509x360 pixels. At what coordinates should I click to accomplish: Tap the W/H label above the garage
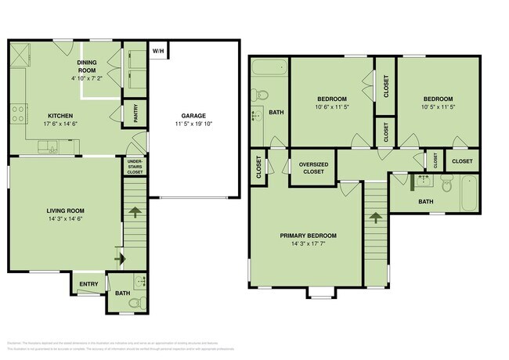pos(158,52)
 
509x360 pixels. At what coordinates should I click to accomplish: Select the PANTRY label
pos(135,114)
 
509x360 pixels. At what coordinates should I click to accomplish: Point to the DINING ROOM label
pos(87,66)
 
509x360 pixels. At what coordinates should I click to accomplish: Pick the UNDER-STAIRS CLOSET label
pos(135,167)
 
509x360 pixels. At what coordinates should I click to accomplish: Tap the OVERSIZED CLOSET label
pos(312,168)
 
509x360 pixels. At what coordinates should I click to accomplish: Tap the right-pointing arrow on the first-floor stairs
pos(119,255)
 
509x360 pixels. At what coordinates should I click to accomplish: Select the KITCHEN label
pos(61,114)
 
